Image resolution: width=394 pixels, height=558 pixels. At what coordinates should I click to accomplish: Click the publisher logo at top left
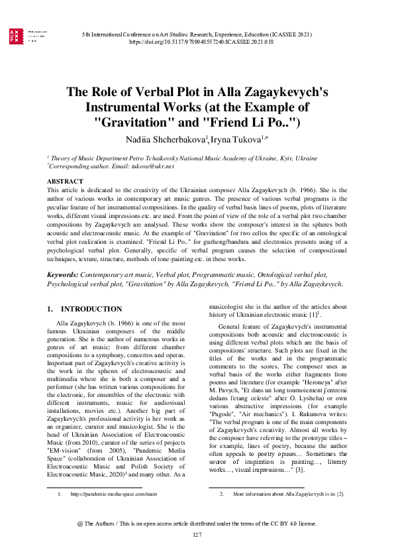point(14,36)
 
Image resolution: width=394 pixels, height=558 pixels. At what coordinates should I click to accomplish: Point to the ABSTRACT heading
point(65,181)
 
